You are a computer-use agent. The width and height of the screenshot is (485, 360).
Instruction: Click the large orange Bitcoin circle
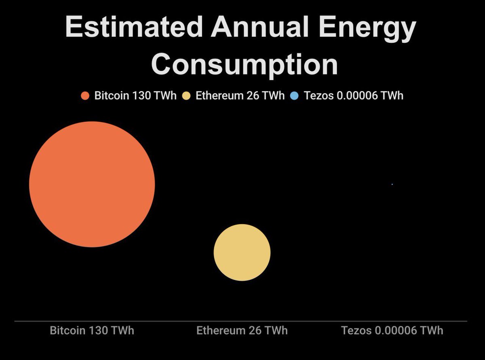(92, 184)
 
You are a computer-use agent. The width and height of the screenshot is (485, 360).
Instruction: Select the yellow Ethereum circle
(242, 252)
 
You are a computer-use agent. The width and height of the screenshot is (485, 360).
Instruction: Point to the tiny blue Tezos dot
(392, 184)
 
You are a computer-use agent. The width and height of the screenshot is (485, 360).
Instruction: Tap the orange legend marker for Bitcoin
(85, 96)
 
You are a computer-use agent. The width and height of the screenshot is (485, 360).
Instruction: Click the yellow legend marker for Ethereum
(186, 96)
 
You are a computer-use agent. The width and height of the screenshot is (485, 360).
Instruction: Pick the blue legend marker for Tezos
(294, 96)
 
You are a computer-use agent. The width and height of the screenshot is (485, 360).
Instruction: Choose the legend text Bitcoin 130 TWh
(135, 96)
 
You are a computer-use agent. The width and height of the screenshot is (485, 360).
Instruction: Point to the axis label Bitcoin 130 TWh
(92, 330)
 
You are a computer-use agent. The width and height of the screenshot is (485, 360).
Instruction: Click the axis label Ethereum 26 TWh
(242, 330)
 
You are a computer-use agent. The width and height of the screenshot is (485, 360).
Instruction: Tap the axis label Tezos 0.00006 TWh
(392, 330)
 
